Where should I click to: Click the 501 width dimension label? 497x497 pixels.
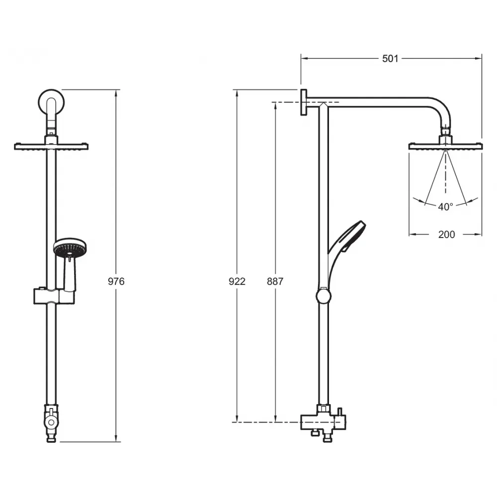coord(390,59)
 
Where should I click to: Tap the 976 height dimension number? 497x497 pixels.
coord(116,281)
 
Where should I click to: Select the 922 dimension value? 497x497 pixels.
coord(237,281)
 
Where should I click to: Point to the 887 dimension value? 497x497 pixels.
coord(275,281)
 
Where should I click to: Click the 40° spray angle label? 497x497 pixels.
coord(445,207)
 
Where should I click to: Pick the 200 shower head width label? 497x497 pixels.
coord(446,234)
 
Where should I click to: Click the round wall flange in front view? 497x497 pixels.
coord(51,102)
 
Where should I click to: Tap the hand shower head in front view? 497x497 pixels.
coord(70,248)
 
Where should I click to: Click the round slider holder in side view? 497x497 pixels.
coord(324,296)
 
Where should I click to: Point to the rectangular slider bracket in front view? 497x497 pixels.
coord(54,296)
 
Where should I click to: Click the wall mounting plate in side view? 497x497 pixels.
coord(304,102)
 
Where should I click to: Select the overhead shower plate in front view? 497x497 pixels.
coord(51,146)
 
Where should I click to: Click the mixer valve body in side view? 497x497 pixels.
coord(324,421)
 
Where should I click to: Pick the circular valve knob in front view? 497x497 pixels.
coord(51,422)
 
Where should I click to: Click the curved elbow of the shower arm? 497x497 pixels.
coord(440,109)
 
